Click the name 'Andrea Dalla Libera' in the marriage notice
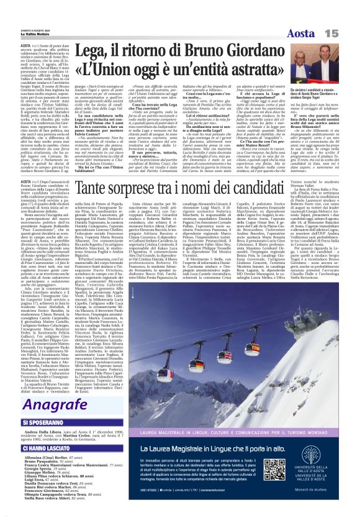pos(38,430)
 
